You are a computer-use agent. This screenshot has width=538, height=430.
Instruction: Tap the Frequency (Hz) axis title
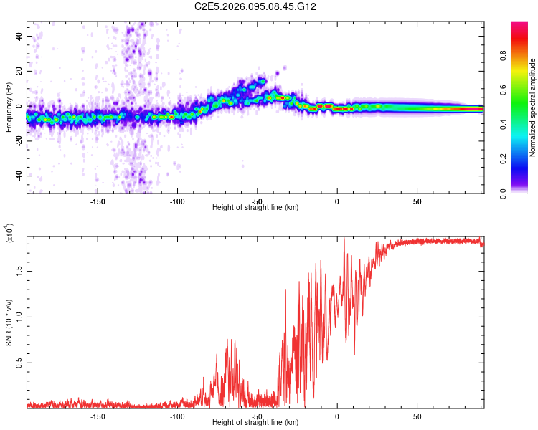tap(9, 107)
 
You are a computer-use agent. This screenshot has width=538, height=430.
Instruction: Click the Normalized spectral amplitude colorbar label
tap(532, 107)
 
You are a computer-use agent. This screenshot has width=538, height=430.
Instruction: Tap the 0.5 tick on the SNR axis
tap(19, 363)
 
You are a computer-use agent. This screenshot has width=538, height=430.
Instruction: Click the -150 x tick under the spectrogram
tap(98, 201)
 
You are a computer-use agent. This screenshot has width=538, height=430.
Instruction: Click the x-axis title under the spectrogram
tap(255, 208)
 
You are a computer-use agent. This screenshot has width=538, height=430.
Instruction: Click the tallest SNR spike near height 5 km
tap(344, 239)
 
